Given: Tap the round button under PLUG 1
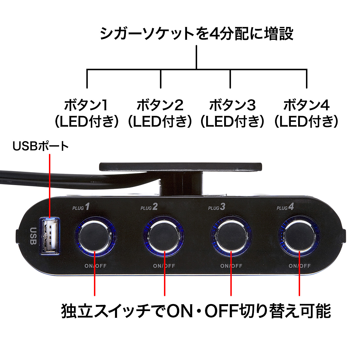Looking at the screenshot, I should pos(96,235).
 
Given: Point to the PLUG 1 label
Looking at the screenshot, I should pos(81,207).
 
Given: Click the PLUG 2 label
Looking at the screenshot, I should pos(149,207).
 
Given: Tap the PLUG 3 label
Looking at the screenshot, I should pos(217,207).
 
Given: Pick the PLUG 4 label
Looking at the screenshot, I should pos(285,207).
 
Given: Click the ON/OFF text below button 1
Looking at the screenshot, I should pos(96,266).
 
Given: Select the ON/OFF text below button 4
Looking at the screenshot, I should pos(300,266).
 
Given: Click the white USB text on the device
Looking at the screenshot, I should pos(33,236).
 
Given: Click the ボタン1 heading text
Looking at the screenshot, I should pos(86,105).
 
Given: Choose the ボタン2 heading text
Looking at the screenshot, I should pos(160,105).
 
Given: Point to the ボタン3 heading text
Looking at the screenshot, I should pos(232,105).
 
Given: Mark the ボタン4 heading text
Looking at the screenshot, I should pos(306,105).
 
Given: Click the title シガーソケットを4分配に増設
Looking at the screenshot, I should pos(197,34).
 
